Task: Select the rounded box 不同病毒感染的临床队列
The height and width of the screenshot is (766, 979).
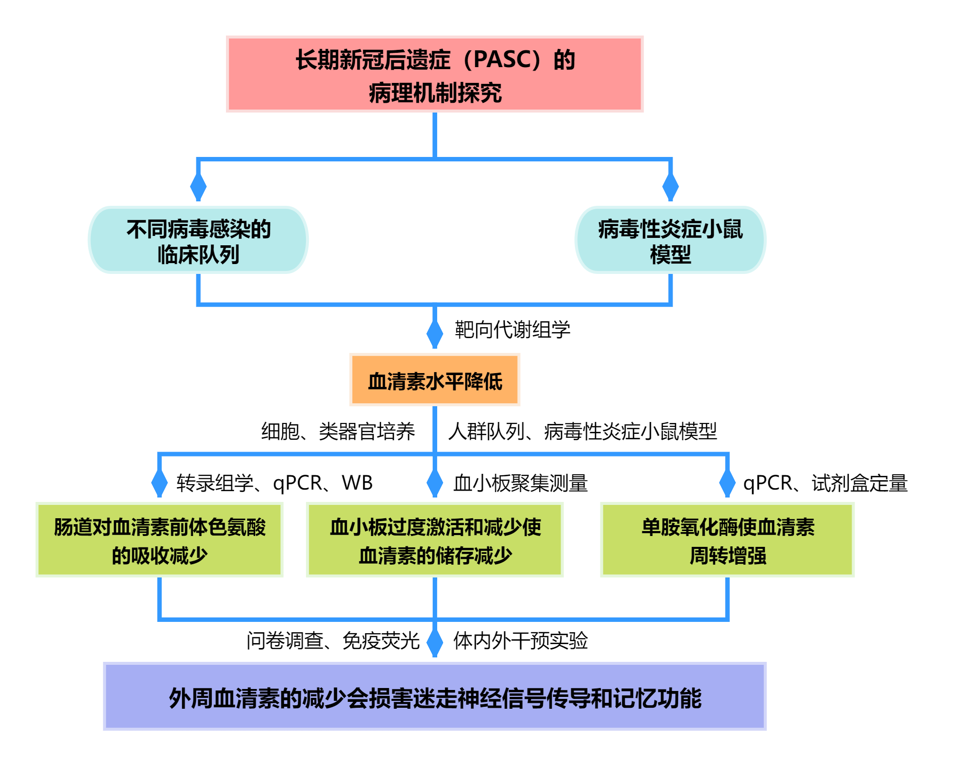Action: click(198, 240)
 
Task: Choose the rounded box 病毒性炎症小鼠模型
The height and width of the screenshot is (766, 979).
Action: click(670, 240)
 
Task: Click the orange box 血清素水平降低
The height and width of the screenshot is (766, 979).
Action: click(434, 380)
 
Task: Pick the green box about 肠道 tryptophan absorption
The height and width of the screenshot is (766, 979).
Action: click(159, 539)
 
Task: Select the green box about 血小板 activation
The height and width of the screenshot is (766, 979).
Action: click(434, 539)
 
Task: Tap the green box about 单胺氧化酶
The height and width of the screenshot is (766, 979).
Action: click(727, 539)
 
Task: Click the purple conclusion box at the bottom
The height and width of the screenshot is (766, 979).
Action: click(434, 696)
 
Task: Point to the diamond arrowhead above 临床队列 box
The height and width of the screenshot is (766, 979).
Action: click(198, 186)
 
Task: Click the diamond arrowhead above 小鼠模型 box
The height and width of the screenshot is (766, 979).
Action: click(670, 186)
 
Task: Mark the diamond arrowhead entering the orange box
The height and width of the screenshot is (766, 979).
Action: click(434, 334)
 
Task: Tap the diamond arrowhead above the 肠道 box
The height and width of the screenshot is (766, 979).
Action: click(159, 482)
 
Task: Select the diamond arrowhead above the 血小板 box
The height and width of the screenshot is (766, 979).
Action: click(434, 482)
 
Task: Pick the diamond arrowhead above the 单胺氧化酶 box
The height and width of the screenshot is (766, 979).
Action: click(727, 482)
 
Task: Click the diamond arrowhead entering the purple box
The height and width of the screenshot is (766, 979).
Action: click(434, 642)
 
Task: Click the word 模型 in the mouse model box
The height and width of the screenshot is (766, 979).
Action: click(670, 255)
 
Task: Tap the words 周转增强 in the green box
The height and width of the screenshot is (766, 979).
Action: click(727, 556)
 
